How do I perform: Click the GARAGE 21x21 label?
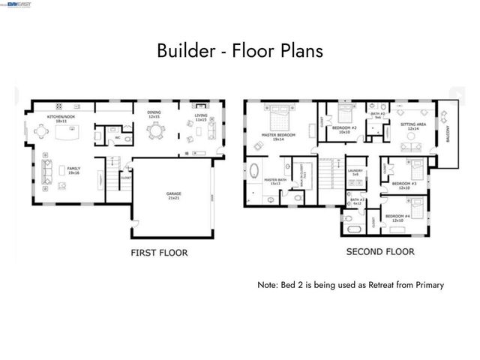(173, 196)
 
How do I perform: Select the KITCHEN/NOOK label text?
(61, 118)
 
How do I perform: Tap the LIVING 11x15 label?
(200, 118)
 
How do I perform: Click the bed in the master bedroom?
(277, 117)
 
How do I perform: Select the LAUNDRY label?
(357, 172)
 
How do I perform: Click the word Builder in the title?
(180, 52)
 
